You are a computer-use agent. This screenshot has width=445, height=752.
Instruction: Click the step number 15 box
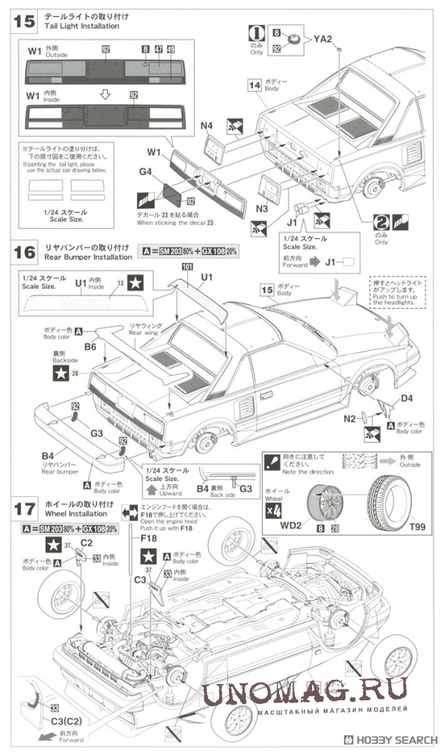24,21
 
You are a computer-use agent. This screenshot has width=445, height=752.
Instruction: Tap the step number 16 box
24,251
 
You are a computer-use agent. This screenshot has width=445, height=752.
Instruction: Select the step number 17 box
24,508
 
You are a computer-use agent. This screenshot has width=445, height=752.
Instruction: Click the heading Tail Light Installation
81,27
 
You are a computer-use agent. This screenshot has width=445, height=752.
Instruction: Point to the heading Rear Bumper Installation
88,257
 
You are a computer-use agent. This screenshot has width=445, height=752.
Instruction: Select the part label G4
144,172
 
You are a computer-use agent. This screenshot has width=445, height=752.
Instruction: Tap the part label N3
261,209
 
